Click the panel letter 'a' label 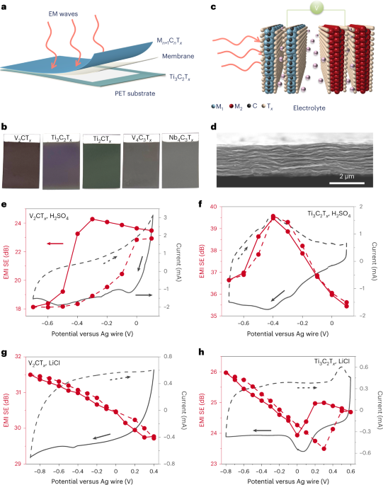pos(5,6)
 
